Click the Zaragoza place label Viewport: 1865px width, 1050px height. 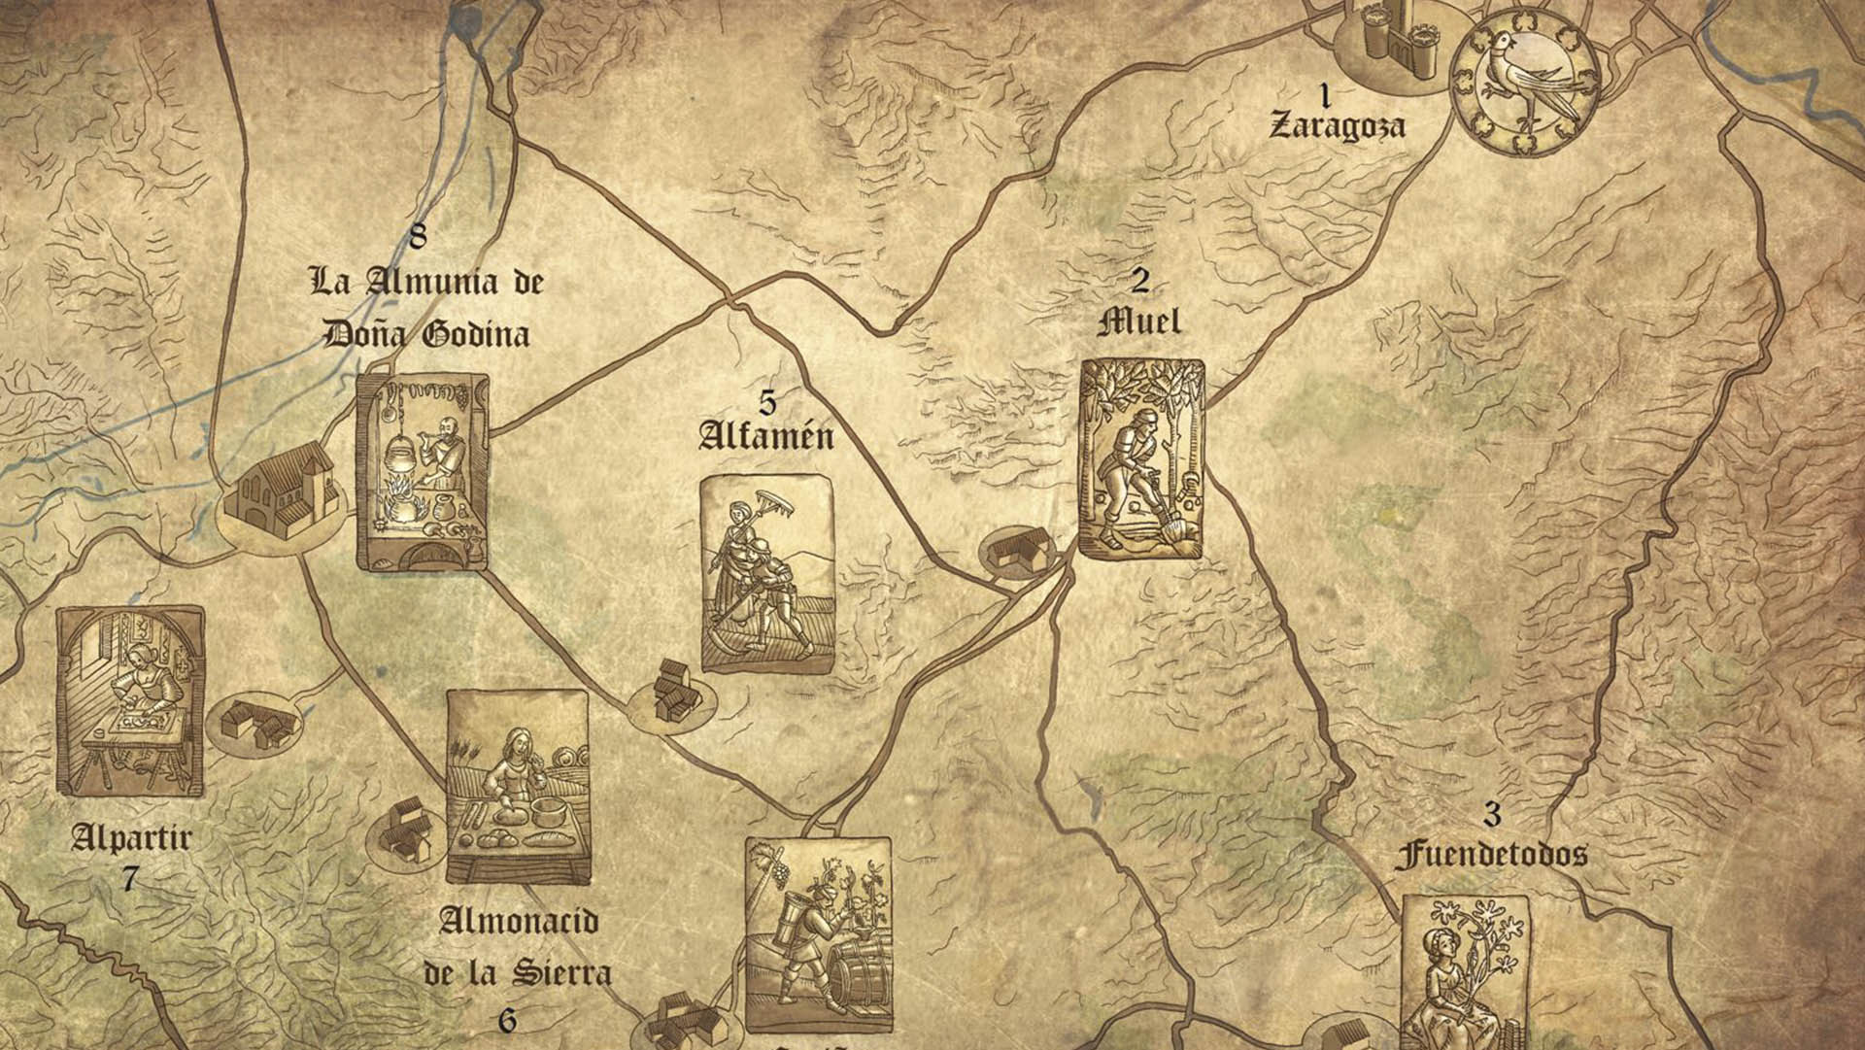click(x=1337, y=126)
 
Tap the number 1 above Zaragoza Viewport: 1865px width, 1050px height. click(x=1323, y=94)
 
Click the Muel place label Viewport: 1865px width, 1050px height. click(x=1139, y=322)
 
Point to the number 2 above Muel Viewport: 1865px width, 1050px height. click(x=1140, y=281)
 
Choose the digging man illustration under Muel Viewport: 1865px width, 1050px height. click(x=1141, y=459)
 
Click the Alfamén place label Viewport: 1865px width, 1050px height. click(x=766, y=435)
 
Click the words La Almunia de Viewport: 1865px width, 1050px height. click(x=426, y=283)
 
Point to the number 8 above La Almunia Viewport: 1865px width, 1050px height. click(x=418, y=235)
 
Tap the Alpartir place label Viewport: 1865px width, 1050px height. click(x=131, y=837)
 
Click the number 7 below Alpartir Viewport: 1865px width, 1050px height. click(x=129, y=879)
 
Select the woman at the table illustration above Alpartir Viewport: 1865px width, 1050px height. click(x=130, y=701)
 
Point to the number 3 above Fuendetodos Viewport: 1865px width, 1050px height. click(x=1492, y=813)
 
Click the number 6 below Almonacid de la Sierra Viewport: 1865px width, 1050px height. click(x=507, y=1021)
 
